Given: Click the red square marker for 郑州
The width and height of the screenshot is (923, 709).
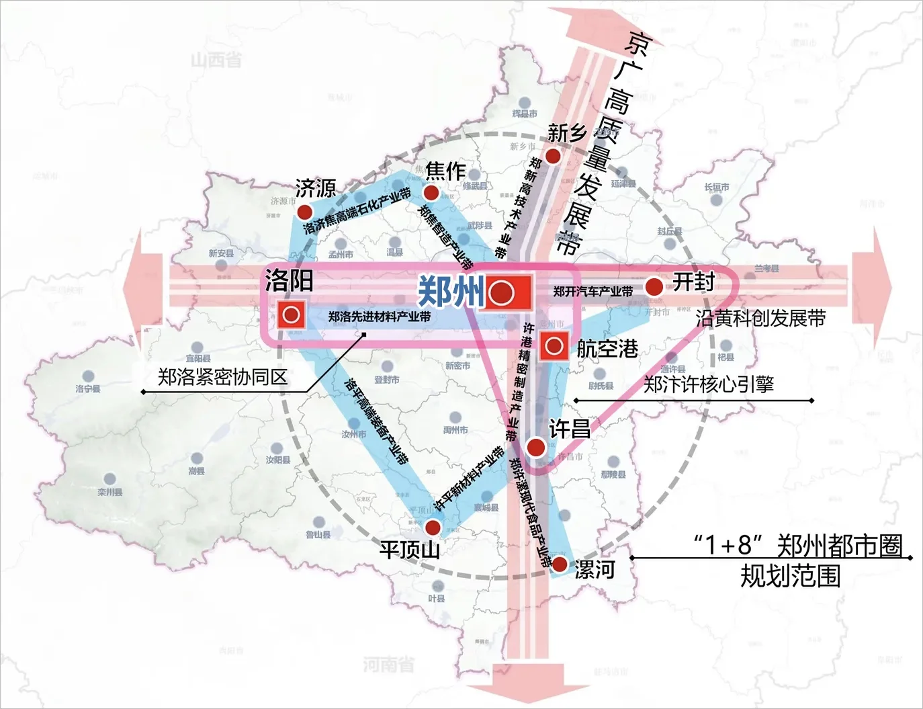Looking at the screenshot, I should click(509, 292).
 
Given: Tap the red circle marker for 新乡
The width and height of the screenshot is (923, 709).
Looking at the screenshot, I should click(553, 157).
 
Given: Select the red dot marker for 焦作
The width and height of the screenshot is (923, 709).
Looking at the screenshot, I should click(431, 194).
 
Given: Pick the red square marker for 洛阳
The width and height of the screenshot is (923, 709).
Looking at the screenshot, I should click(292, 315).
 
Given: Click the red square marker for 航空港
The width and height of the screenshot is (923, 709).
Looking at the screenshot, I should click(554, 346).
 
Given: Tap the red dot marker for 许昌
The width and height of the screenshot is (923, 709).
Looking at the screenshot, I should click(535, 447).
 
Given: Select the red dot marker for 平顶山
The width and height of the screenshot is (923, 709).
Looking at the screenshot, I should click(433, 527).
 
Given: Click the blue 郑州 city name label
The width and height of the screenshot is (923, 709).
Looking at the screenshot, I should click(451, 291).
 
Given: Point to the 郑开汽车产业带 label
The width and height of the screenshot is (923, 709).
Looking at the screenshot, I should click(593, 292).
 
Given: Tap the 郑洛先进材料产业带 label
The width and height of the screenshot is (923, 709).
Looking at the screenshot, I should click(380, 317).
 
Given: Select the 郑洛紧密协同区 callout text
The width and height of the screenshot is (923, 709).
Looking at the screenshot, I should click(222, 377).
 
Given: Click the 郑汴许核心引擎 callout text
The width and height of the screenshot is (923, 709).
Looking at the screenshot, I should click(709, 384).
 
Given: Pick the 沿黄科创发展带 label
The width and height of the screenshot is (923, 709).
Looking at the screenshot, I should click(760, 318).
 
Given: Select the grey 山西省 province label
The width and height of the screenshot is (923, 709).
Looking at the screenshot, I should click(216, 60).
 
